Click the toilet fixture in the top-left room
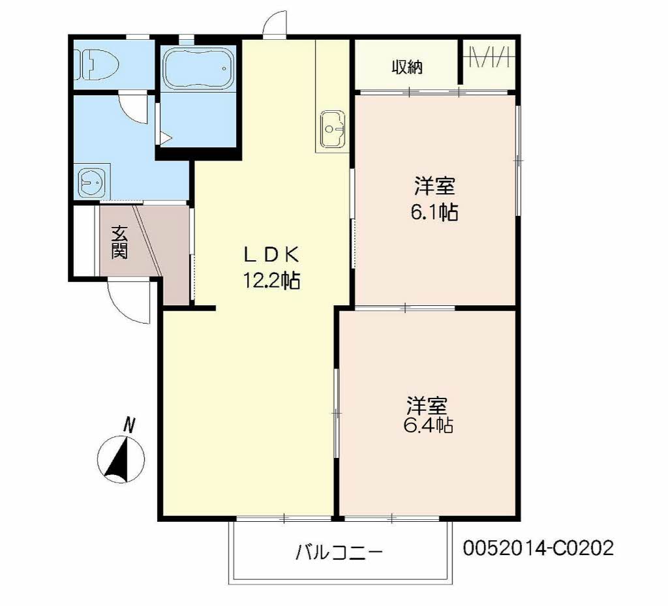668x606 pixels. [x=97, y=65]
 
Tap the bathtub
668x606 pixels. [x=197, y=68]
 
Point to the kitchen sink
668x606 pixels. [x=333, y=129]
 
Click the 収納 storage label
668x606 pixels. [x=407, y=67]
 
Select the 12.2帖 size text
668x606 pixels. [x=271, y=280]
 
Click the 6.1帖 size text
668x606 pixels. [x=434, y=212]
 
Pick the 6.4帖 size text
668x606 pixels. [x=427, y=425]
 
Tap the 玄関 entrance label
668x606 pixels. [x=119, y=242]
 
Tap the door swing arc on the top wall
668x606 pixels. [x=275, y=23]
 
